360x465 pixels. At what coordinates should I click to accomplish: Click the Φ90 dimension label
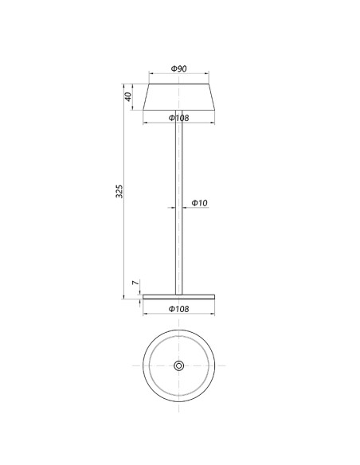(x=179, y=68)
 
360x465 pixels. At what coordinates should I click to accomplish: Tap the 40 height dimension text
(x=128, y=96)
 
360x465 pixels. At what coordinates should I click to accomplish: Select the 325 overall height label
(x=119, y=191)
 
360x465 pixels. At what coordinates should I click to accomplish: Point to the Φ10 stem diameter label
(x=199, y=203)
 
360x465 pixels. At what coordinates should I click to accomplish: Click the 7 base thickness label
(x=135, y=283)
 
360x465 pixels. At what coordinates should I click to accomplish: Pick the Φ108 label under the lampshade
(x=179, y=118)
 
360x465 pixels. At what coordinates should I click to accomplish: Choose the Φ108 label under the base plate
(x=179, y=309)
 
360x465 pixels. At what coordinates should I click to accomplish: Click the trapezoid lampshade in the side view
(x=179, y=97)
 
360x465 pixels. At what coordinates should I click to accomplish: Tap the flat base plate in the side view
(x=179, y=296)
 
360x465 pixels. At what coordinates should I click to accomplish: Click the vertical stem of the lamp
(x=179, y=202)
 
